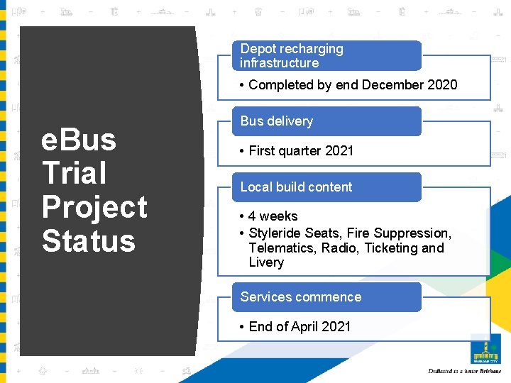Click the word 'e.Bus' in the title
pyautogui.click(x=79, y=140)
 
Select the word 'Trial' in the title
pyautogui.click(x=74, y=173)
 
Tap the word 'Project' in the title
pyautogui.click(x=94, y=207)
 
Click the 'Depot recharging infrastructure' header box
pyautogui.click(x=326, y=56)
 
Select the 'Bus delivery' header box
pyautogui.click(x=326, y=121)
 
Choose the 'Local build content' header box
pyautogui.click(x=326, y=187)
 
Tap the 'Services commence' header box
pyautogui.click(x=326, y=297)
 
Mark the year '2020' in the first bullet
pyautogui.click(x=443, y=85)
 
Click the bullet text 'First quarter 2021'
pyautogui.click(x=300, y=151)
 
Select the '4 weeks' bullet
pyautogui.click(x=273, y=216)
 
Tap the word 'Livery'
pyautogui.click(x=266, y=262)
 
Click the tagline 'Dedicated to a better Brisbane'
pyautogui.click(x=465, y=371)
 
